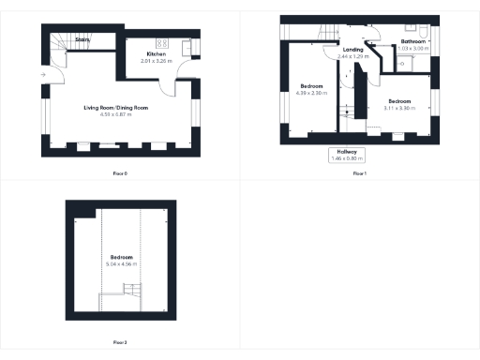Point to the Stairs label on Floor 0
pos(82,40)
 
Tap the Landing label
pos(352,50)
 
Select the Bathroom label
pos(413,42)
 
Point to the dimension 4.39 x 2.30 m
pos(310,93)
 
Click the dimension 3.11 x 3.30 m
pos(400,106)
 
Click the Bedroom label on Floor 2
pos(123,257)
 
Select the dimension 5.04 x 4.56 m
pos(123,263)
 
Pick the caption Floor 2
pos(119,342)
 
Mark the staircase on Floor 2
pos(121,303)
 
